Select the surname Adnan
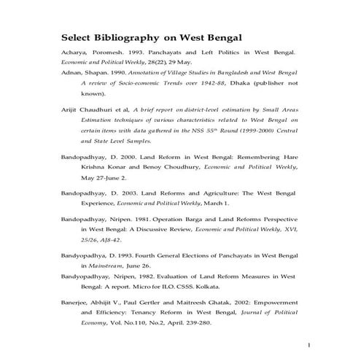(71, 74)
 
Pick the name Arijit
(70, 109)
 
